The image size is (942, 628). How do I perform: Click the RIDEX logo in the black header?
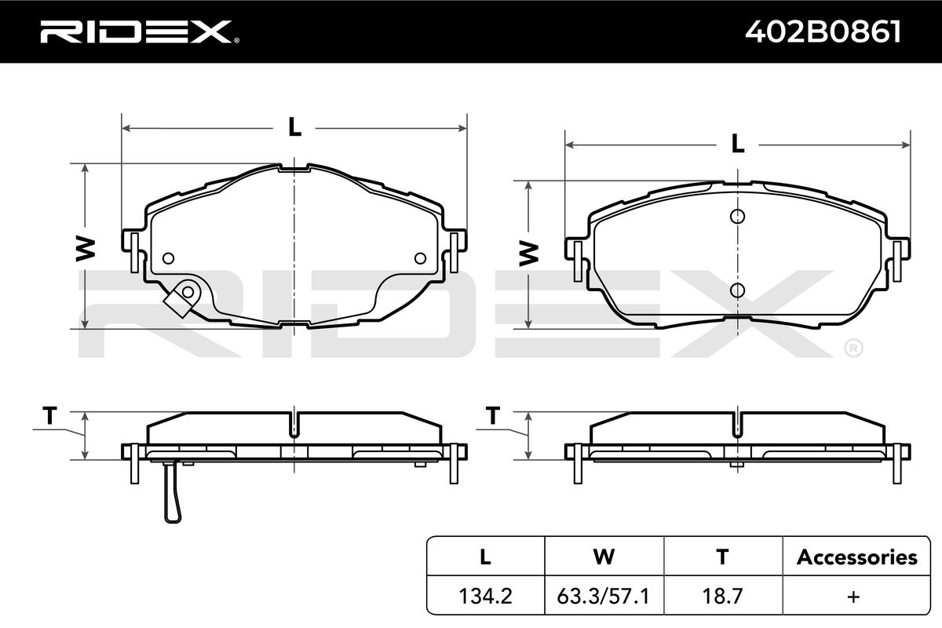pos(140,31)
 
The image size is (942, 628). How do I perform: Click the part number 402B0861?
pos(823,32)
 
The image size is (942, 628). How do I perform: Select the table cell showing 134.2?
pos(485,596)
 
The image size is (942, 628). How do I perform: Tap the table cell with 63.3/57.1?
pos(604,596)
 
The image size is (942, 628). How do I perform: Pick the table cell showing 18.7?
pos(722,596)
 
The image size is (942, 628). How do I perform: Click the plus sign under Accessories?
pos(853,597)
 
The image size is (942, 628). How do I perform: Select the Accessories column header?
pos(856,557)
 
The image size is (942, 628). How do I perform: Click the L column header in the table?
pos(485,557)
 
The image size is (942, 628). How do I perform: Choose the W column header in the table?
pos(604,557)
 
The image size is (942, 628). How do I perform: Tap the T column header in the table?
pos(722,557)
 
